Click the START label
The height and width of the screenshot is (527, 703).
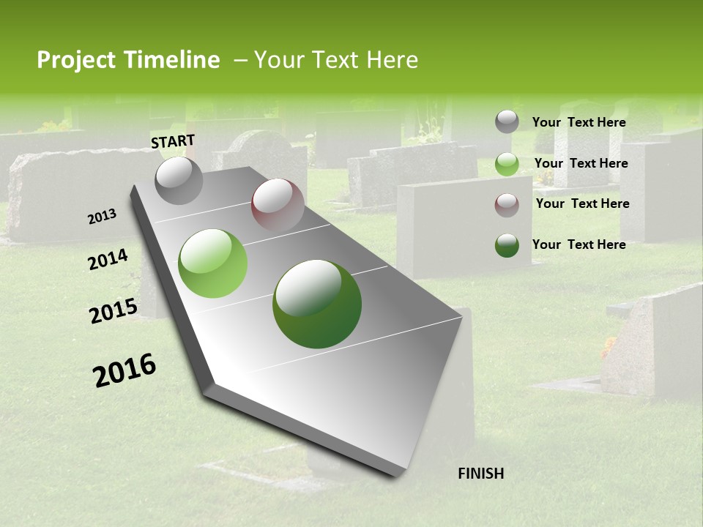(173, 141)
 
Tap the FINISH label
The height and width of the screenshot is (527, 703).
(480, 474)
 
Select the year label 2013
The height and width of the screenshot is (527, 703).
(103, 216)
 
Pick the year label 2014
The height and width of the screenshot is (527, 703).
(108, 259)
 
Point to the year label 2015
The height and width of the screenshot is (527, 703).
(114, 311)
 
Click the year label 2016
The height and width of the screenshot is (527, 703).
(124, 370)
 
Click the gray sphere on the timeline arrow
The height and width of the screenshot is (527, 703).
(179, 181)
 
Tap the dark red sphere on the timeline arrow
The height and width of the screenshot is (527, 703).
(278, 205)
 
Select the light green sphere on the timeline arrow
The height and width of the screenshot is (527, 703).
(213, 263)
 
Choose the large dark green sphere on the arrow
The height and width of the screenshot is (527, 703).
(317, 304)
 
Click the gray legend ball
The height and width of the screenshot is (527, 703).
(507, 122)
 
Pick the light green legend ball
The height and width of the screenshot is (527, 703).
(507, 164)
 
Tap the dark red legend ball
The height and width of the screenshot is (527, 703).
(507, 205)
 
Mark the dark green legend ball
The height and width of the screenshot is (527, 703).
(507, 245)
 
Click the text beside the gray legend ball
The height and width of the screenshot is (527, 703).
(579, 122)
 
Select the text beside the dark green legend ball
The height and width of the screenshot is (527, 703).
(579, 244)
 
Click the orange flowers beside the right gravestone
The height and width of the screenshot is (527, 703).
(608, 347)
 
